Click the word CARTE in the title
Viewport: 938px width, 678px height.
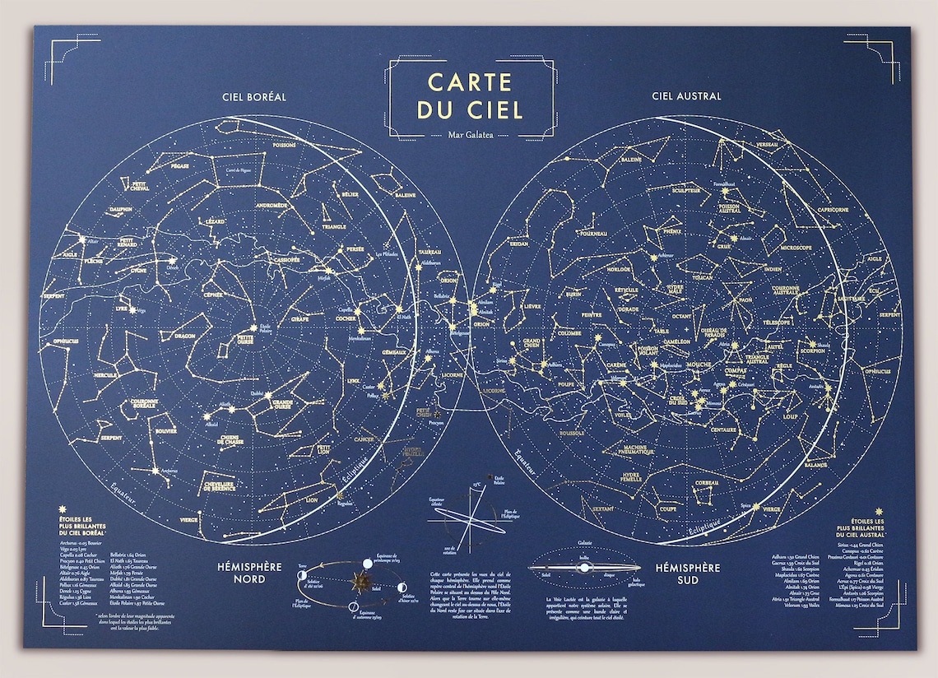pos(470,82)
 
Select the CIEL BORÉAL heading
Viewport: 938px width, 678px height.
pos(254,96)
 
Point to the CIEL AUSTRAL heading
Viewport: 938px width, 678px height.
pos(686,96)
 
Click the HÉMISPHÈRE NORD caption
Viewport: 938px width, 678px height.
pos(248,574)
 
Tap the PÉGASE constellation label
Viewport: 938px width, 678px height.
pos(180,165)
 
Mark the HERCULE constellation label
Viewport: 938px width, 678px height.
pos(106,374)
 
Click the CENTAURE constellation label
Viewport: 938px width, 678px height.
pos(722,430)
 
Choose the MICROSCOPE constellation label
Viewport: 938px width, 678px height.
pos(796,247)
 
